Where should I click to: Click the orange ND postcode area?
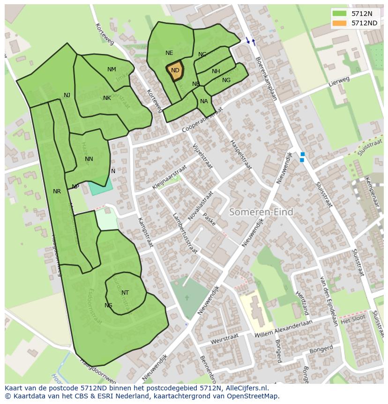(x=175, y=71)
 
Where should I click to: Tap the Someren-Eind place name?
(x=261, y=212)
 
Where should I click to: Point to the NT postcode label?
(x=125, y=293)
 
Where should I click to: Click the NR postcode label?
(x=57, y=191)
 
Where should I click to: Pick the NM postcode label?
(x=112, y=69)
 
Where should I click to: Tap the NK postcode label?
(x=107, y=98)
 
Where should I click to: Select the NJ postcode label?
(x=67, y=95)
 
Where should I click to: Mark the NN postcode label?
(x=89, y=159)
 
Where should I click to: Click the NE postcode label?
(x=169, y=53)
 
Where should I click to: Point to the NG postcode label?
(x=226, y=80)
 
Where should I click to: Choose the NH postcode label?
(x=216, y=71)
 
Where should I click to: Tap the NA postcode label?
(x=204, y=101)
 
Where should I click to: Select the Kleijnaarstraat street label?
(x=169, y=177)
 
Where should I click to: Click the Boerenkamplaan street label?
(x=266, y=79)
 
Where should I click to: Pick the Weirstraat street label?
(x=225, y=338)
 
